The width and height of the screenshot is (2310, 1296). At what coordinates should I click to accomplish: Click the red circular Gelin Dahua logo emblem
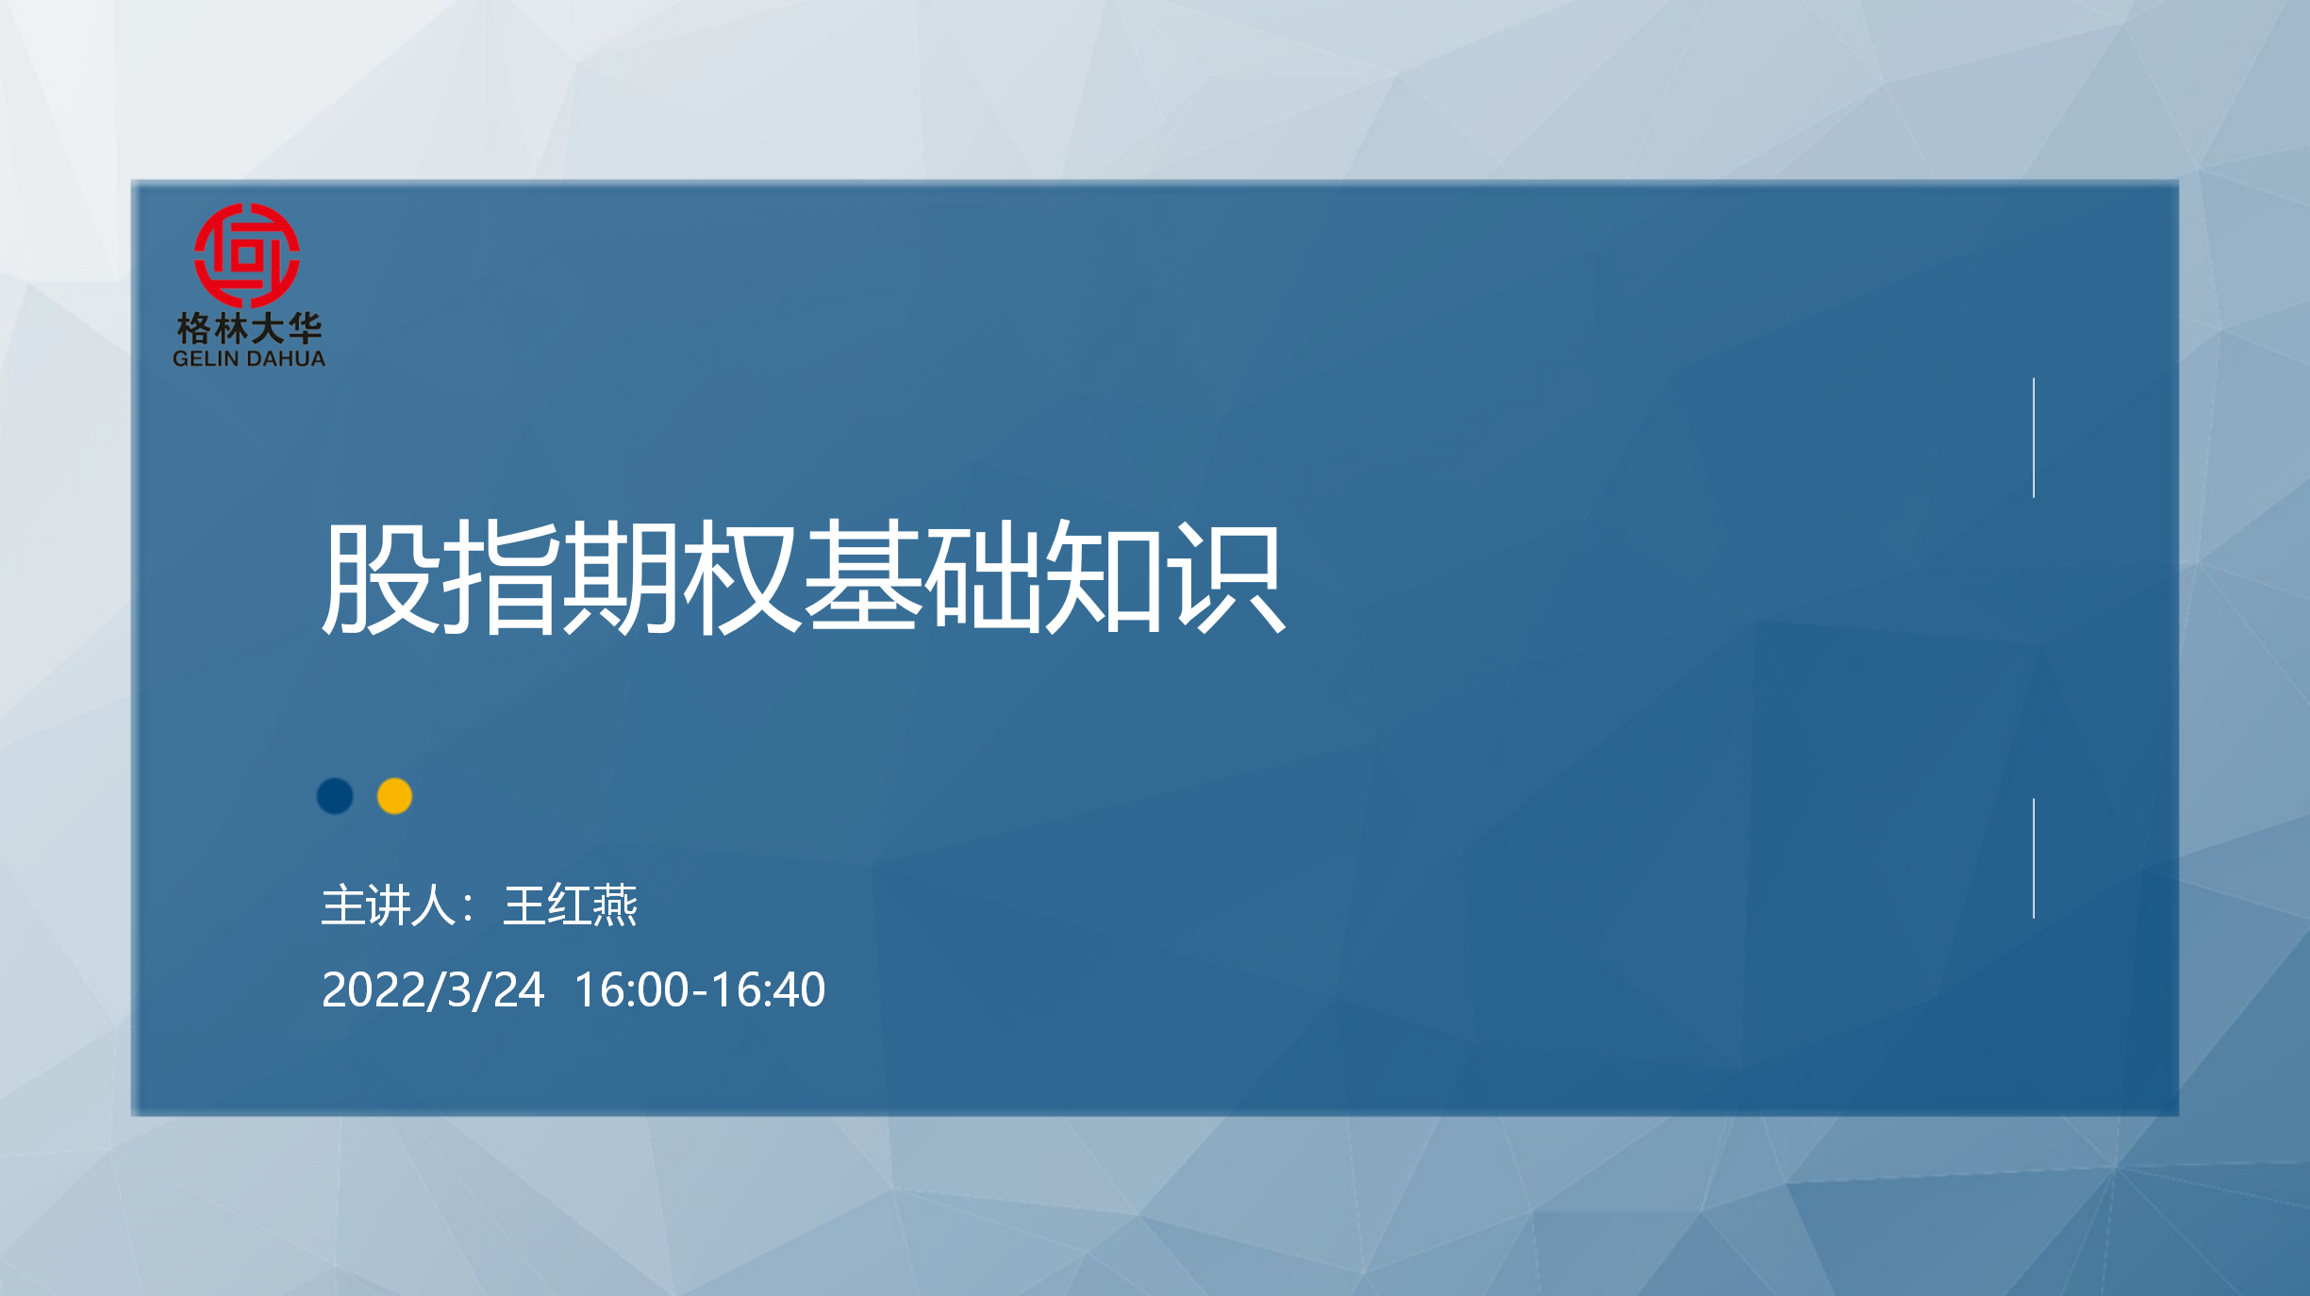click(x=247, y=255)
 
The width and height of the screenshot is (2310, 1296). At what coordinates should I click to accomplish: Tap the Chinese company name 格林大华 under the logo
click(x=249, y=328)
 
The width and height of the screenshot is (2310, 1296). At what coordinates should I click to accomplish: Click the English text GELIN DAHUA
click(x=249, y=358)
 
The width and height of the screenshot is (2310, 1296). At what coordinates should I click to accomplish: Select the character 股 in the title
click(x=381, y=577)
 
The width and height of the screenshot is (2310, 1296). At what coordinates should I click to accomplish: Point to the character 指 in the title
click(x=501, y=577)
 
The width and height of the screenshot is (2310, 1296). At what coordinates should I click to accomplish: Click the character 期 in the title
click(x=621, y=577)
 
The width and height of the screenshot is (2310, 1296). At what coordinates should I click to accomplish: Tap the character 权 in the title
click(x=741, y=577)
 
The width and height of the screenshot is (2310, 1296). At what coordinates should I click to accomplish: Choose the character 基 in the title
click(x=862, y=577)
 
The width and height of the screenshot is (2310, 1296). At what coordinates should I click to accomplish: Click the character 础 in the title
click(x=983, y=577)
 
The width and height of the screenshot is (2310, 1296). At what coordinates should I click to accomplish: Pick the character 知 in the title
click(x=1104, y=577)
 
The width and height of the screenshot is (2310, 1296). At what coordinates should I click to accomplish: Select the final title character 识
click(x=1225, y=577)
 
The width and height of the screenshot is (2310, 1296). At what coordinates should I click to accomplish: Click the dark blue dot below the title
click(x=335, y=796)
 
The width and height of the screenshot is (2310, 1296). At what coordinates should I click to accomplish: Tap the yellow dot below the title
click(x=394, y=796)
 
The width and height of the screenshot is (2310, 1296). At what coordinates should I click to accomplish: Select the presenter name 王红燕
click(x=571, y=906)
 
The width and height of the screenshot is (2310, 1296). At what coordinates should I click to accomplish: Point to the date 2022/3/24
click(x=433, y=990)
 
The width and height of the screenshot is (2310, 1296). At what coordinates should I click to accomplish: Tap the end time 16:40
click(x=768, y=990)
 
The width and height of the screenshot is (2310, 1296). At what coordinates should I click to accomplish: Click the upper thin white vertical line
click(x=2034, y=438)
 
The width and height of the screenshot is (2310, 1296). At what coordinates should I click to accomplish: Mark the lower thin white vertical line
click(x=2034, y=858)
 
